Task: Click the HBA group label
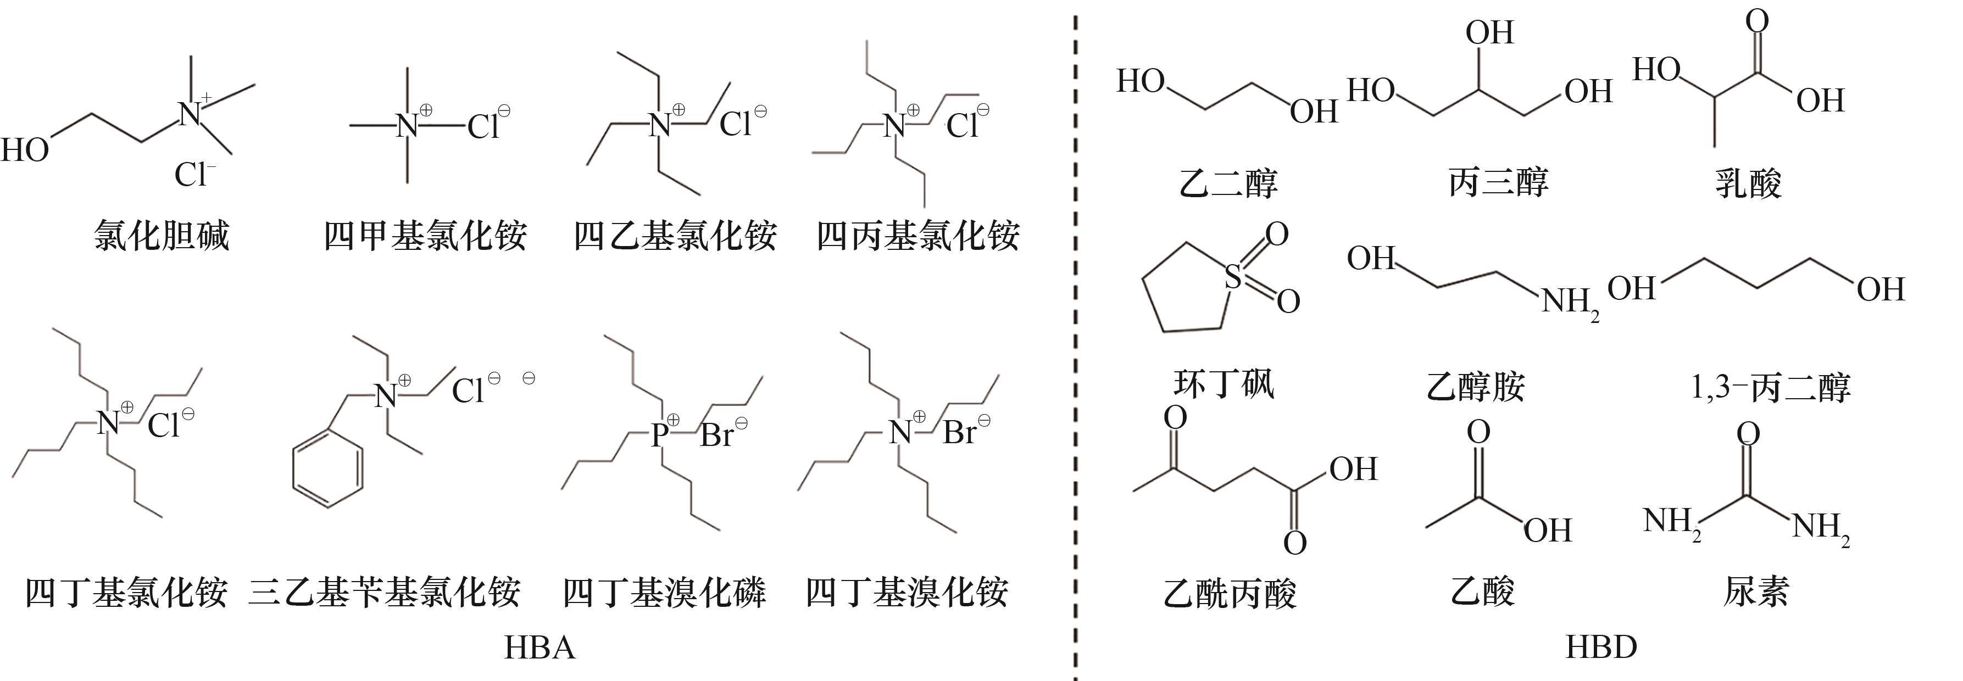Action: pyautogui.click(x=540, y=647)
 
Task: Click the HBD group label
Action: pyautogui.click(x=1601, y=647)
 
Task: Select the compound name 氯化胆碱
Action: pyautogui.click(x=162, y=236)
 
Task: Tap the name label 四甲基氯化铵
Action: pyautogui.click(x=425, y=236)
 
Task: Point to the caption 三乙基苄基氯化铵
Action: pyautogui.click(x=384, y=592)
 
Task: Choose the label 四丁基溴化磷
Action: pyautogui.click(x=664, y=592)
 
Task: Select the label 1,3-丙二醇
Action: pyautogui.click(x=1770, y=388)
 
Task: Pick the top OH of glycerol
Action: pyautogui.click(x=1489, y=33)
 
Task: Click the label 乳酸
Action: pyautogui.click(x=1748, y=183)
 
